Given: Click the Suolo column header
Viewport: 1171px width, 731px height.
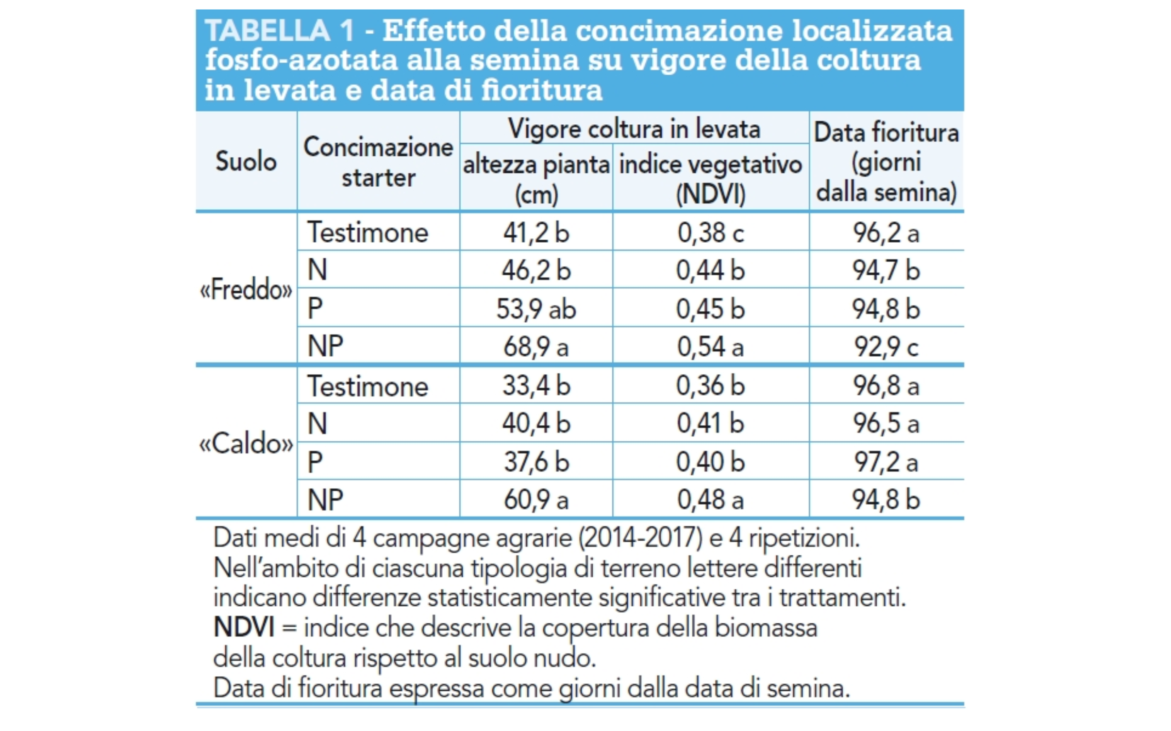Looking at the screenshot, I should pyautogui.click(x=246, y=162).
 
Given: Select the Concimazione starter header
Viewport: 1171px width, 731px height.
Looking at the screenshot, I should pyautogui.click(x=378, y=162).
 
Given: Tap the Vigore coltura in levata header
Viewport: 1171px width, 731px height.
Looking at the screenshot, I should pyautogui.click(x=634, y=129).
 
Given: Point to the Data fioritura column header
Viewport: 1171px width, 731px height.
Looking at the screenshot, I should pyautogui.click(x=886, y=162).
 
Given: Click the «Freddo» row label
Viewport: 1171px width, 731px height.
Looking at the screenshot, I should pyautogui.click(x=246, y=290).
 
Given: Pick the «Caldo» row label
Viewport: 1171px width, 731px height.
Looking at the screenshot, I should pyautogui.click(x=246, y=443).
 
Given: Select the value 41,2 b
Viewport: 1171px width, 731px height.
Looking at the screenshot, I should pyautogui.click(x=536, y=233).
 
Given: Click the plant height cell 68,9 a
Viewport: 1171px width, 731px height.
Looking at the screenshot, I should pyautogui.click(x=536, y=346).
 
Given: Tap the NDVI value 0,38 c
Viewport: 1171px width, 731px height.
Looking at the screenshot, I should pyautogui.click(x=710, y=233).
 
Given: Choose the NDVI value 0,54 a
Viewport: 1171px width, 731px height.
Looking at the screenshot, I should pyautogui.click(x=710, y=346).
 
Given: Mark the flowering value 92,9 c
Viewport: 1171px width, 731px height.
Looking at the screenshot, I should pyautogui.click(x=886, y=346).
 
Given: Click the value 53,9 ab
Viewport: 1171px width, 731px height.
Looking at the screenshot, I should pyautogui.click(x=536, y=309).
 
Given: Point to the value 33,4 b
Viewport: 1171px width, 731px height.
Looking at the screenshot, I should pyautogui.click(x=536, y=386).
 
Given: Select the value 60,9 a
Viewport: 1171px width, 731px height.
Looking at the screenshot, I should pyautogui.click(x=536, y=499).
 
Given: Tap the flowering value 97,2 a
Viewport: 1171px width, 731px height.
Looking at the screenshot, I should pyautogui.click(x=886, y=462).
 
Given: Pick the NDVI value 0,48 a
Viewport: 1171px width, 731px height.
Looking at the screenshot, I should pyautogui.click(x=710, y=499).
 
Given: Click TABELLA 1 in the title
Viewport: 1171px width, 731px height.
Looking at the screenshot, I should pyautogui.click(x=280, y=31).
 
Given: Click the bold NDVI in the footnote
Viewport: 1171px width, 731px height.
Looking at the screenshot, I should pyautogui.click(x=244, y=627).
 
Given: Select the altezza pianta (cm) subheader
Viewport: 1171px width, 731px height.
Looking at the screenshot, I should pyautogui.click(x=536, y=179).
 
